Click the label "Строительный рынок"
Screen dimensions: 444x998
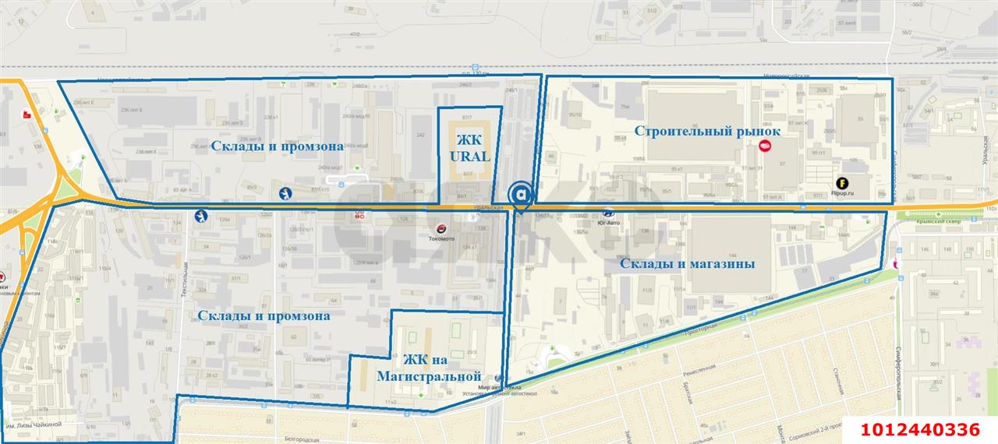click(706, 131)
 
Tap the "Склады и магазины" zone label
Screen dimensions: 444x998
click(687, 264)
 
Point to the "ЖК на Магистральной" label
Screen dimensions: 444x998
click(426, 368)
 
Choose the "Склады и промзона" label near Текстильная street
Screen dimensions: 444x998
click(264, 315)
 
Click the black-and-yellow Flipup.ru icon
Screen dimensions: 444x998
click(842, 184)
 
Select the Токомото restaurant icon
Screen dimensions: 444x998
click(442, 228)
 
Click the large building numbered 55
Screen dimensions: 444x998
click(860, 119)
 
